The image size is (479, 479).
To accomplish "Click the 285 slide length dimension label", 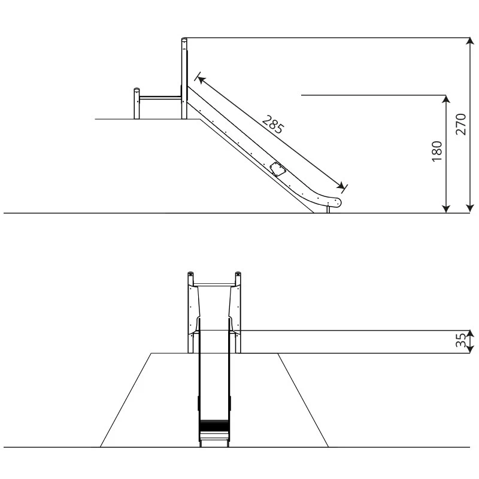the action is pyautogui.click(x=273, y=125).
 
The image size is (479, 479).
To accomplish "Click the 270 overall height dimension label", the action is pyautogui.click(x=460, y=125).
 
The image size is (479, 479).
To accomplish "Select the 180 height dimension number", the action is pyautogui.click(x=437, y=151).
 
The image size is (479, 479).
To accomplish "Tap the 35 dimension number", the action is pyautogui.click(x=461, y=340).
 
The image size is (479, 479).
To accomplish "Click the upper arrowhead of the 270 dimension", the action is pyautogui.click(x=470, y=41).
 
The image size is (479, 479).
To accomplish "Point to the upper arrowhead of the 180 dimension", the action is pyautogui.click(x=446, y=99).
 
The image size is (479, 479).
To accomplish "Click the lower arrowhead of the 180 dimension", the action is pyautogui.click(x=446, y=208).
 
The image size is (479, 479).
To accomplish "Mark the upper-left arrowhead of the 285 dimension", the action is pyautogui.click(x=201, y=79).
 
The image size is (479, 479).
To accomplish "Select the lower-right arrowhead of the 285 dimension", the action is pyautogui.click(x=340, y=185).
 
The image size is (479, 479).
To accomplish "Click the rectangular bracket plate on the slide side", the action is pyautogui.click(x=277, y=169).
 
